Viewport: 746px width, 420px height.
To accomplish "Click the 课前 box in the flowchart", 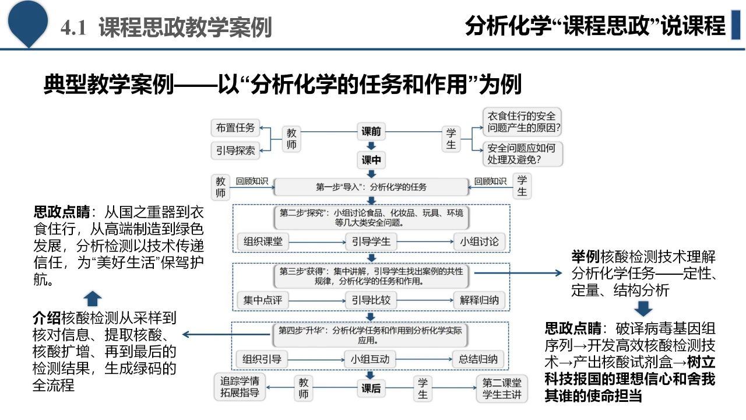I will pos(371,132).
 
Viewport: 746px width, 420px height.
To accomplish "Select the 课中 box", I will pos(371,160).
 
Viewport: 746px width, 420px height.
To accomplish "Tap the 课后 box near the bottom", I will pos(371,388).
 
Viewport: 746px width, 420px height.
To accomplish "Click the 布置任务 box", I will pos(235,128).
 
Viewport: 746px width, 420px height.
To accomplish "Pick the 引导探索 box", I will pos(235,150).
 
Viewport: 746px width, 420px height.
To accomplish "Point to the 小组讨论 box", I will pos(479,242).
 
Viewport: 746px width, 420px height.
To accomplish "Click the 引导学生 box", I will pos(371,242).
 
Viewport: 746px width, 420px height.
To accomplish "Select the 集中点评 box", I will pos(263,300).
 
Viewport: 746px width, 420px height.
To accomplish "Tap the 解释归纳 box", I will pos(479,300).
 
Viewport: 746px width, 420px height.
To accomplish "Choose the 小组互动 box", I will pos(371,359).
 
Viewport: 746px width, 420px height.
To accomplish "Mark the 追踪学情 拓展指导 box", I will pos(240,387).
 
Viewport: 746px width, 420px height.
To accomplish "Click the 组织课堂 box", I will pos(263,242).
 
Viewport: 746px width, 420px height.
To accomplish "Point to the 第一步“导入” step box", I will pos(371,187).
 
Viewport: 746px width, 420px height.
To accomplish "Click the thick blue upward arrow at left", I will pos(92,299).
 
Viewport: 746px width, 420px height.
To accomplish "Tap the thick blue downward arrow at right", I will pos(643,309).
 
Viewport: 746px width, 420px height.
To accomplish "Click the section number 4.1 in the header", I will pos(74,27).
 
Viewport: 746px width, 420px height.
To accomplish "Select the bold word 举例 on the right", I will pos(585,257).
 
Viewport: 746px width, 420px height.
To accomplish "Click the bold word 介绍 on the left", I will pos(47,318).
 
